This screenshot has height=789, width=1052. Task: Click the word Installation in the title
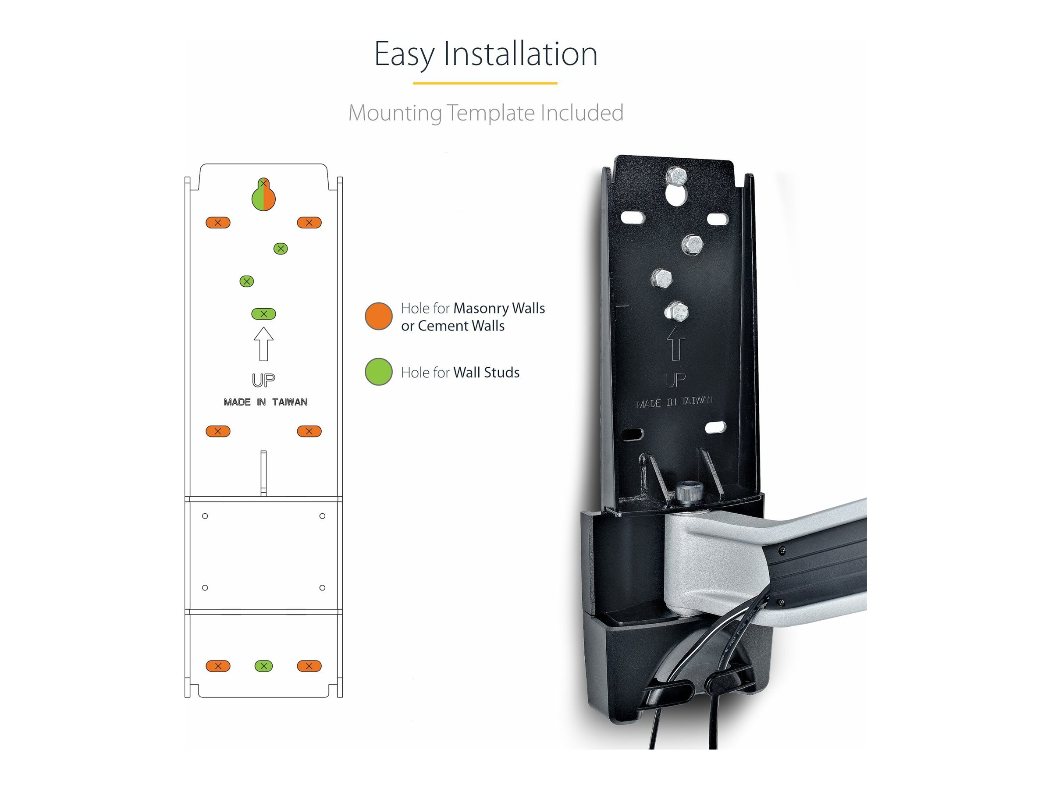(x=520, y=54)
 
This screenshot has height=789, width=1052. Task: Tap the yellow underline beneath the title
(x=485, y=83)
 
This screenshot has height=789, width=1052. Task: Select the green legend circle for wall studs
(x=379, y=372)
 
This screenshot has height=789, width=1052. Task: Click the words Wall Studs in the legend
(x=486, y=373)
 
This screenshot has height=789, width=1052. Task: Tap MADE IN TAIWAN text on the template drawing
(x=265, y=402)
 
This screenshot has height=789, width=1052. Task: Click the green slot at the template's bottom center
(x=263, y=666)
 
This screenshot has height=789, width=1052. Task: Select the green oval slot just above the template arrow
(x=263, y=314)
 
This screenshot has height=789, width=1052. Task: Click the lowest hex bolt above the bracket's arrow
(x=676, y=312)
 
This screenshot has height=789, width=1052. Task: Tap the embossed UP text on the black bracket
(x=675, y=380)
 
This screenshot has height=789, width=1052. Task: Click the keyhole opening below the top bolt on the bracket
(x=676, y=195)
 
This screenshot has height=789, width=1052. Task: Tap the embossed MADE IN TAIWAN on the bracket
(x=675, y=402)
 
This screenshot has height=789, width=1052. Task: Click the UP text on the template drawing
(x=263, y=380)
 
